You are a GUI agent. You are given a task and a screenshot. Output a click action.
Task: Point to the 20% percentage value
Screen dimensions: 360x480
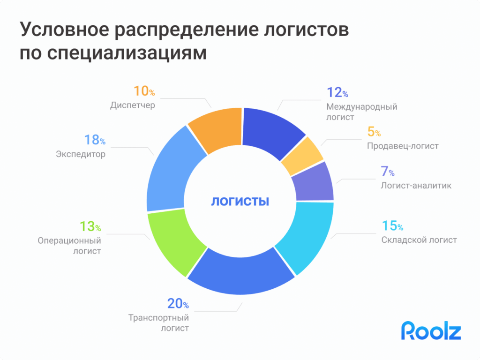(178, 304)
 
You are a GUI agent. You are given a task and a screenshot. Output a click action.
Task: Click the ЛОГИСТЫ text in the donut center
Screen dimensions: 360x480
(240, 202)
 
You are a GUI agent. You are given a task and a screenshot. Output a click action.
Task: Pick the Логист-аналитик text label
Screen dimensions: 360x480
(416, 186)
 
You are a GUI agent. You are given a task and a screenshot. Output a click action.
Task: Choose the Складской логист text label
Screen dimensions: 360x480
(419, 240)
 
